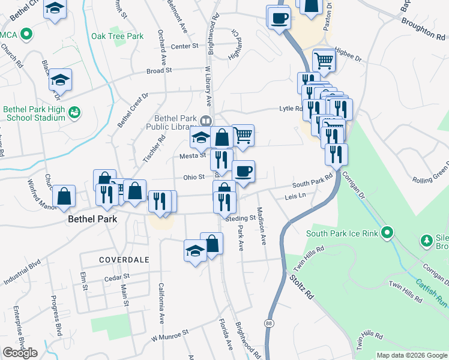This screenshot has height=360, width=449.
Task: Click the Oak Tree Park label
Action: (117, 36)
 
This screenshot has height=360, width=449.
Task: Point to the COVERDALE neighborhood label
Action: (124, 259)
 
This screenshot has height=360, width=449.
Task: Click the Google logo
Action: (20, 352)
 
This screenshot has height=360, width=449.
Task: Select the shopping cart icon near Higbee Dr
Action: (324, 59)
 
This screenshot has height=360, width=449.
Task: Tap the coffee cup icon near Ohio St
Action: (243, 171)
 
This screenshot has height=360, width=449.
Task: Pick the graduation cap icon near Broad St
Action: (60, 79)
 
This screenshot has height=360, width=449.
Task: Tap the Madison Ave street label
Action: (262, 226)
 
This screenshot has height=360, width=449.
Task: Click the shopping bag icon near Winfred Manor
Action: (64, 196)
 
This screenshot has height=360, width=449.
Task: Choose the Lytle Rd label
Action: (291, 109)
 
